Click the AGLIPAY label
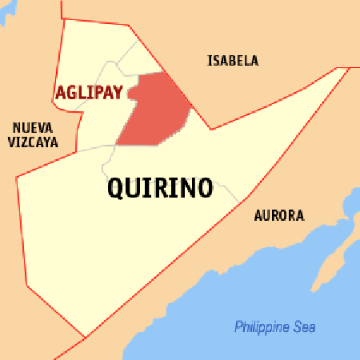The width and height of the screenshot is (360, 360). point(89,93)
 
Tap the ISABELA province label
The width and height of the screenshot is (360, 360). point(233,61)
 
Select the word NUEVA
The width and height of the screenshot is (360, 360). point(30,127)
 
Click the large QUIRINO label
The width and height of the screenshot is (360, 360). point(159,189)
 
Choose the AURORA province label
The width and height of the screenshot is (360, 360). point(279,216)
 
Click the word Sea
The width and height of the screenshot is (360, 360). point(304,327)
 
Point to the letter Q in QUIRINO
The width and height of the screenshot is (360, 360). point(116,190)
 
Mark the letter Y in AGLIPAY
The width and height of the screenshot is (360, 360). point(118,93)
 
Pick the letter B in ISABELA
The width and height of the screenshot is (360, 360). point(231,61)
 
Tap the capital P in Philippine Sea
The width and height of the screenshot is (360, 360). point(238,327)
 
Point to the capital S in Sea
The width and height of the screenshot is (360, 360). point(297,327)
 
